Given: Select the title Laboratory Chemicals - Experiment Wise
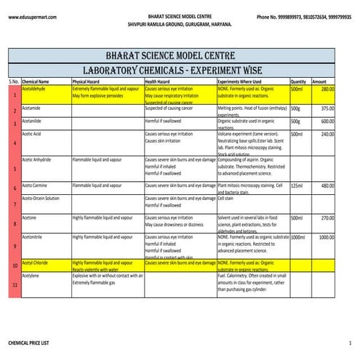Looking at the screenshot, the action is point(180,70).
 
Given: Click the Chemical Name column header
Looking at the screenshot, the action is point(36,81).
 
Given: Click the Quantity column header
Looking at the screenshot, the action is point(298,81).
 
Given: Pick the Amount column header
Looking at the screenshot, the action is point(319,81).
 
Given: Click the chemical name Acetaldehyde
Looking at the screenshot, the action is point(34,89).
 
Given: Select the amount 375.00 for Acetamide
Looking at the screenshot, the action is point(327,108).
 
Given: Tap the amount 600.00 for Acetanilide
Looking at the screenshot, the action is point(327,121).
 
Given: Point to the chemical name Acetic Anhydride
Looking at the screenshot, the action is point(36,159).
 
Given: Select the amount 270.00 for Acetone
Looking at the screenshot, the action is point(327,217).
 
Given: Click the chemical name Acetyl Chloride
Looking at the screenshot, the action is point(36,263).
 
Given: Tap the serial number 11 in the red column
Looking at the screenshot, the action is point(15,285).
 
